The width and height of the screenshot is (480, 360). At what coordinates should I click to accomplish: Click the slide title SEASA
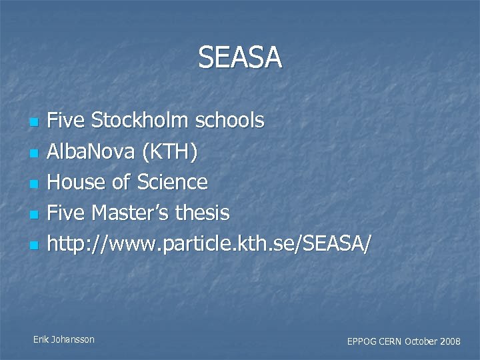[x=240, y=58]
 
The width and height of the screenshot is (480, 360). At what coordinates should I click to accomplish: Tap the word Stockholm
[x=141, y=121]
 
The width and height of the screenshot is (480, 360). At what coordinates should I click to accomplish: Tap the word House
[x=77, y=182]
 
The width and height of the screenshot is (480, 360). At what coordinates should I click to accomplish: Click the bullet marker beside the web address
[x=35, y=245]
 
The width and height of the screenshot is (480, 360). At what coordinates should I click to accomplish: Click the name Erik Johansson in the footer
[x=64, y=339]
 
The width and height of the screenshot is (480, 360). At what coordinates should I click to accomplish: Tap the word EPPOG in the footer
[x=361, y=341]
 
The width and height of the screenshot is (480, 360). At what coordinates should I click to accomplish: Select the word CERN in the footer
[x=391, y=341]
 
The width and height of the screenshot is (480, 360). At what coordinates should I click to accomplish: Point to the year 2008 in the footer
[x=450, y=341]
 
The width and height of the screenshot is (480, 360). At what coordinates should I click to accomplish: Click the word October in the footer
[x=421, y=341]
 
